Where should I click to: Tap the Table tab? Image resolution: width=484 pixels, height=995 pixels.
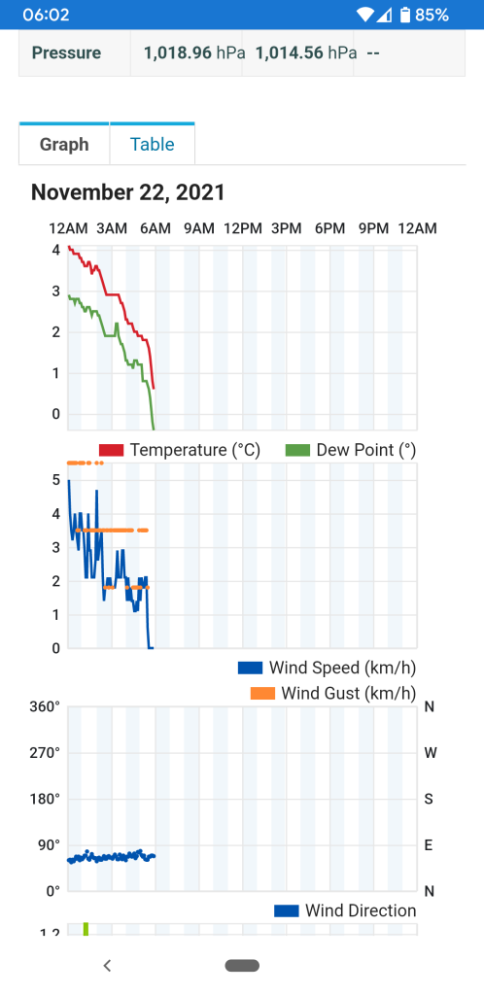click(x=153, y=145)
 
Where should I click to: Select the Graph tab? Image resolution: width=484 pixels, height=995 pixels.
click(x=64, y=145)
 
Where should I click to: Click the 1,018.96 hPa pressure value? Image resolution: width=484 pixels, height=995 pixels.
click(x=194, y=52)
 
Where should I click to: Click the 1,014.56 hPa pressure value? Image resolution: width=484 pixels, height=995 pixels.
click(x=306, y=52)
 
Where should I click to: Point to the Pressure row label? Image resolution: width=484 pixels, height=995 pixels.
click(x=67, y=52)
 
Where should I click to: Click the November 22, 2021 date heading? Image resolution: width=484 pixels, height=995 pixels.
click(x=128, y=192)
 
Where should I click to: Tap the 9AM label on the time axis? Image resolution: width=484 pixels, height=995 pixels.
click(x=199, y=228)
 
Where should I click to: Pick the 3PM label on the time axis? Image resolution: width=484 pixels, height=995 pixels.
click(x=286, y=228)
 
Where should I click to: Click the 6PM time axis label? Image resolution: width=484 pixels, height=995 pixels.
click(x=329, y=228)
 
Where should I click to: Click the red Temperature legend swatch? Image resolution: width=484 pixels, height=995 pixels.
click(x=111, y=451)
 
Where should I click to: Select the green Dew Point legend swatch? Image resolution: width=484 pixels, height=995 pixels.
click(x=298, y=451)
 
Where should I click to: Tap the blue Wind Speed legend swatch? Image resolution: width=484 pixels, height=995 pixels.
click(x=250, y=669)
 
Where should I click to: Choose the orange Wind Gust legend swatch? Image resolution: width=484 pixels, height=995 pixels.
click(x=262, y=694)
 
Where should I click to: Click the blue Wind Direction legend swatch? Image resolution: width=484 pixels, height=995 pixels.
click(x=286, y=911)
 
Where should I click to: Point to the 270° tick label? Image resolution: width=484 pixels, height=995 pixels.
click(x=45, y=753)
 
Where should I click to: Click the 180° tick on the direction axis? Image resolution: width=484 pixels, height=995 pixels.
click(x=45, y=799)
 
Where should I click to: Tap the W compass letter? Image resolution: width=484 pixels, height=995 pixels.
click(x=430, y=753)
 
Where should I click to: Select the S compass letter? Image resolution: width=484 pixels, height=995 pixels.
click(x=429, y=799)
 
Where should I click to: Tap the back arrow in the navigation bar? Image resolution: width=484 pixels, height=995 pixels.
click(x=107, y=966)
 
